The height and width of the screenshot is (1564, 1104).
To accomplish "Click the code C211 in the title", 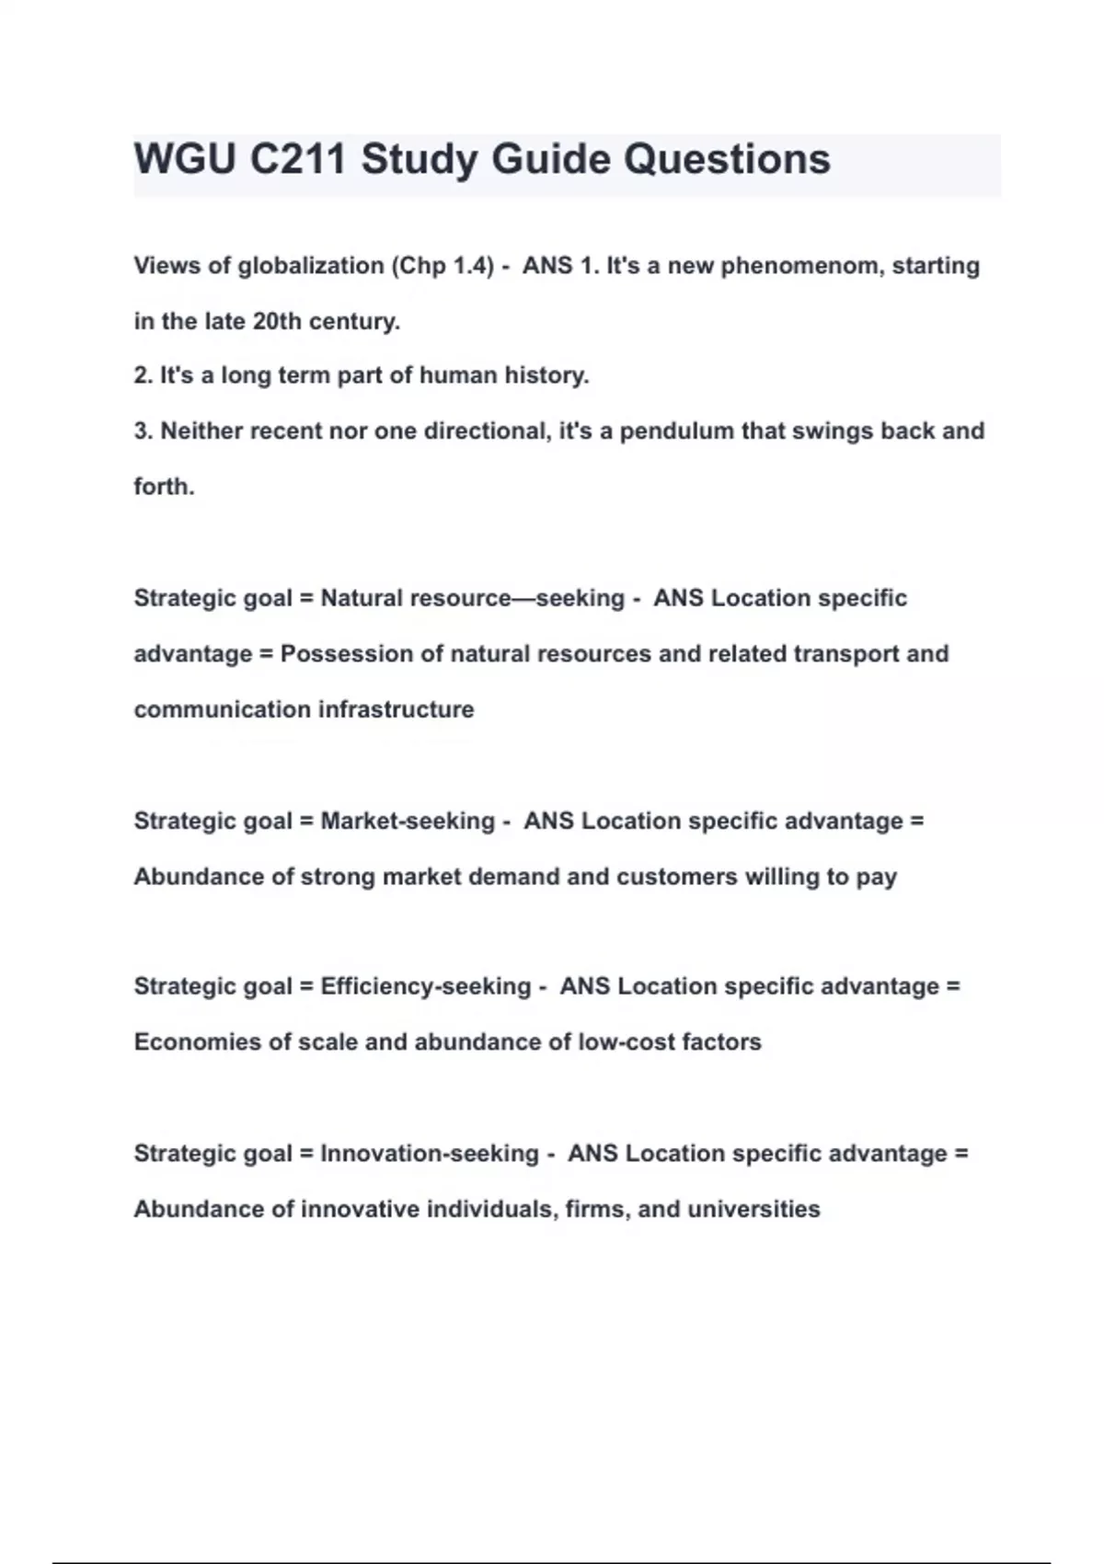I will (x=298, y=159).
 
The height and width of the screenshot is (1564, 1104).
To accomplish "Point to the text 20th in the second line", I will (x=277, y=321).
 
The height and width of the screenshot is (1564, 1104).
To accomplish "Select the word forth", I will (x=164, y=486).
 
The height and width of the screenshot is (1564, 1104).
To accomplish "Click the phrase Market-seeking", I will (x=408, y=821).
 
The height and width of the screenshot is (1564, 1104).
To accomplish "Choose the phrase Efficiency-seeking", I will (x=426, y=986).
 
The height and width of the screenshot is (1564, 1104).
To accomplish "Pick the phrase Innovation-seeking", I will (x=430, y=1153).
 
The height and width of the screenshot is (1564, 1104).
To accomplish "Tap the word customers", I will (x=676, y=876).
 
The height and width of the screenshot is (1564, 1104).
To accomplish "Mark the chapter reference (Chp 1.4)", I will (x=443, y=266).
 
